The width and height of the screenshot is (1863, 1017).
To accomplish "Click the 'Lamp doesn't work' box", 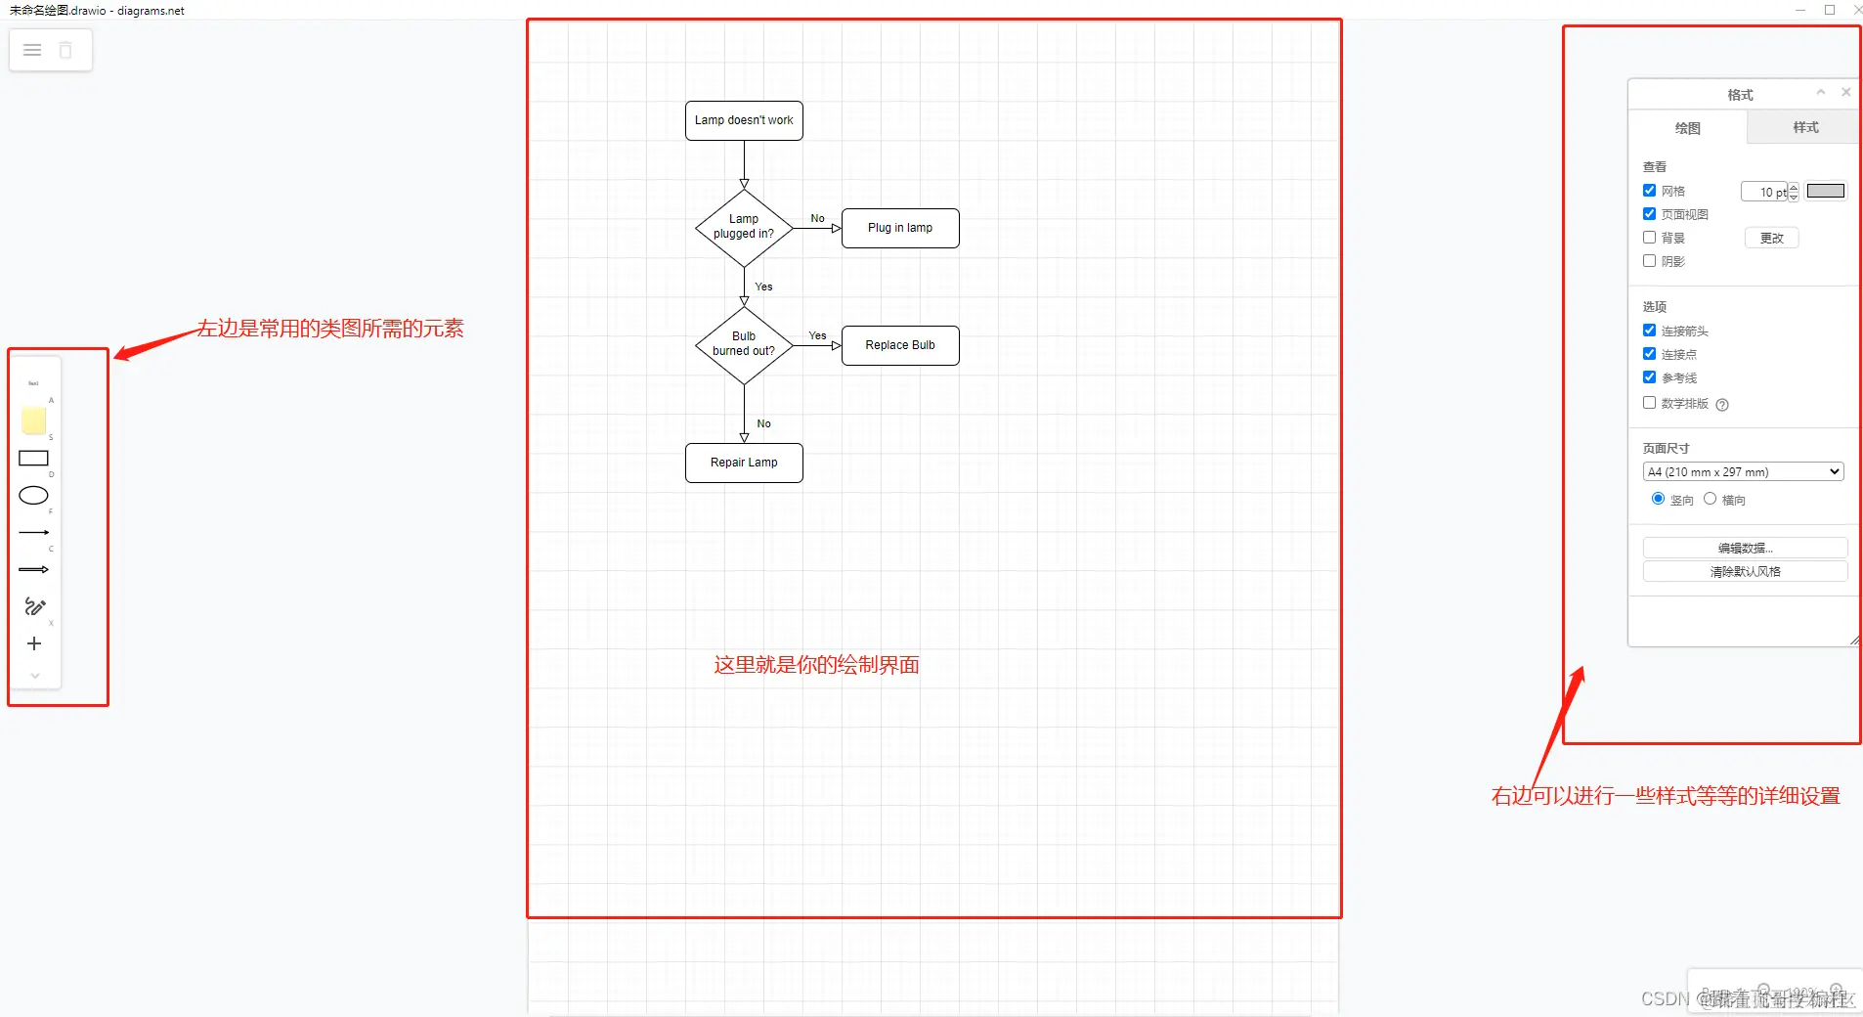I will coord(744,120).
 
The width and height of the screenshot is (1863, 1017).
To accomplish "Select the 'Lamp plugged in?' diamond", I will coord(744,227).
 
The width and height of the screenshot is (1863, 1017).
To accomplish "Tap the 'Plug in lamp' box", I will coord(900,228).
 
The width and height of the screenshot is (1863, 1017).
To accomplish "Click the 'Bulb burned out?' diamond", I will coord(744,344).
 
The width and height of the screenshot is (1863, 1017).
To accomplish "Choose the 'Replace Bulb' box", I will coord(900,345).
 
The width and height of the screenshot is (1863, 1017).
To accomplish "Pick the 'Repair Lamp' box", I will coord(744,463).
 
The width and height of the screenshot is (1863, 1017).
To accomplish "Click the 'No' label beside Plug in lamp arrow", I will coord(817,219).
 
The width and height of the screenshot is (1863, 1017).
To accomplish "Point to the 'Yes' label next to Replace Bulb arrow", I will coord(817,336).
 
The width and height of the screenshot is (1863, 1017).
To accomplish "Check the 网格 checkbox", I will coord(1650,191).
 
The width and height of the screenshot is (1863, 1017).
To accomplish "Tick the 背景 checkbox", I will coord(1650,238).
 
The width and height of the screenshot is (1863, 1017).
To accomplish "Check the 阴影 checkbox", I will coord(1650,261).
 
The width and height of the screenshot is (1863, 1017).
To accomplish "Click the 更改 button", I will coord(1771,238).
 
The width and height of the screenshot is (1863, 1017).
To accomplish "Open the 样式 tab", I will coord(1805,127).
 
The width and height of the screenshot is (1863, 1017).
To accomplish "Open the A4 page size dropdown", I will coord(1744,471).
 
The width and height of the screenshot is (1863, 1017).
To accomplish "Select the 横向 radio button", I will coord(1710,499).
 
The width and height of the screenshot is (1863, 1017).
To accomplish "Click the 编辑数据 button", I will coord(1745,548).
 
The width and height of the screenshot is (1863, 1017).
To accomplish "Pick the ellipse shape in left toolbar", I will coord(34,496).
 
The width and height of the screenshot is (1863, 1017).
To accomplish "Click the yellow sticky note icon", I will coord(34,420).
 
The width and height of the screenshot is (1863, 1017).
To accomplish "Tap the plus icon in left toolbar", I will coord(34,643).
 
